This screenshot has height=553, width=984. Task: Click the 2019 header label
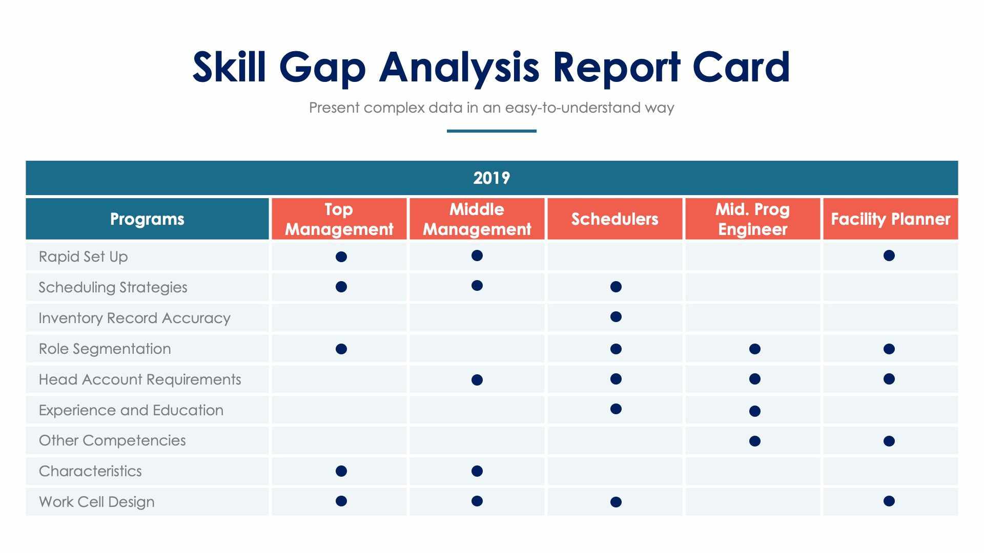point(491,178)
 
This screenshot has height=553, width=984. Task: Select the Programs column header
point(147,219)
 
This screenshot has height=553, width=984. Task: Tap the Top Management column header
point(339,219)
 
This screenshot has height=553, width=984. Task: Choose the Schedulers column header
point(614,219)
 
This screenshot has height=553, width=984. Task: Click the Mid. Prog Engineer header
point(752,219)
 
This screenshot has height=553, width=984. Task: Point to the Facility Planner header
point(890,219)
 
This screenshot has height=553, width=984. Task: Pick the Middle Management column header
point(477,219)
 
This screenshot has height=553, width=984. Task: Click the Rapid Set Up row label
point(84,257)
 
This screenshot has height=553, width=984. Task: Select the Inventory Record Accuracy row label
point(134,318)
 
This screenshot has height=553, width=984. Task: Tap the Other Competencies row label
point(112,440)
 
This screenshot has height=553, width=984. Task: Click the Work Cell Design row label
point(96,502)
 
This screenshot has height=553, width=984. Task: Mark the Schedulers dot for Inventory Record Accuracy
point(616,317)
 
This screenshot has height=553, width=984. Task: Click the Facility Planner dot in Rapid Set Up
point(889,256)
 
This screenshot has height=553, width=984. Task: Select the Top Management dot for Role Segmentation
point(341,349)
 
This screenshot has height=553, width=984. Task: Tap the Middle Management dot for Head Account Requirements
point(477,380)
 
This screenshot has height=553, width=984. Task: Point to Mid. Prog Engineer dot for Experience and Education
point(754,411)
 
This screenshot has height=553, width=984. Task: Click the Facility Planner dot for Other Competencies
point(889,441)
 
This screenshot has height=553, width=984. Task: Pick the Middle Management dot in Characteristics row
point(477,471)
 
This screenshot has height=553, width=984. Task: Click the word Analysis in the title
point(459,68)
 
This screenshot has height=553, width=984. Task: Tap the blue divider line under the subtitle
point(491,131)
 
